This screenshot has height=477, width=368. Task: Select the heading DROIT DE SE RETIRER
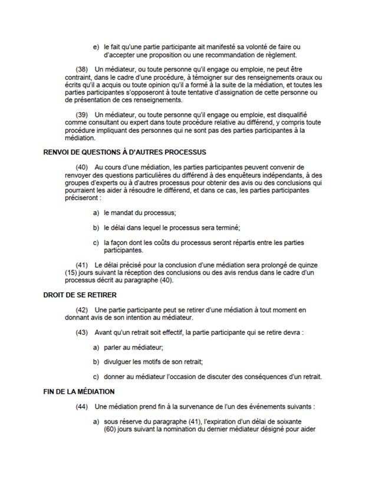point(80,294)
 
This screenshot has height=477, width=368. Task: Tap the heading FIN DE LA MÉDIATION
point(79,391)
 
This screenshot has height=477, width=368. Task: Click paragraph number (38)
point(83,69)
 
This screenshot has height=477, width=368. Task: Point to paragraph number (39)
point(83,114)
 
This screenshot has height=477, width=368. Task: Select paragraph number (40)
point(83,167)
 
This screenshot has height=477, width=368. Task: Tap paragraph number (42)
point(83,309)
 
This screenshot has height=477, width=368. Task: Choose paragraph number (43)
point(83,332)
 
